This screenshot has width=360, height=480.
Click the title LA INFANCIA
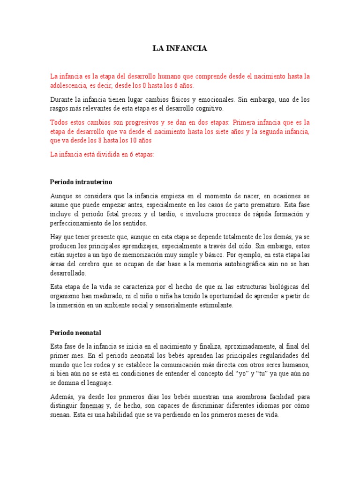pos(180,48)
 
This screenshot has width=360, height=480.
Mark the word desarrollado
pos(68,273)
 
